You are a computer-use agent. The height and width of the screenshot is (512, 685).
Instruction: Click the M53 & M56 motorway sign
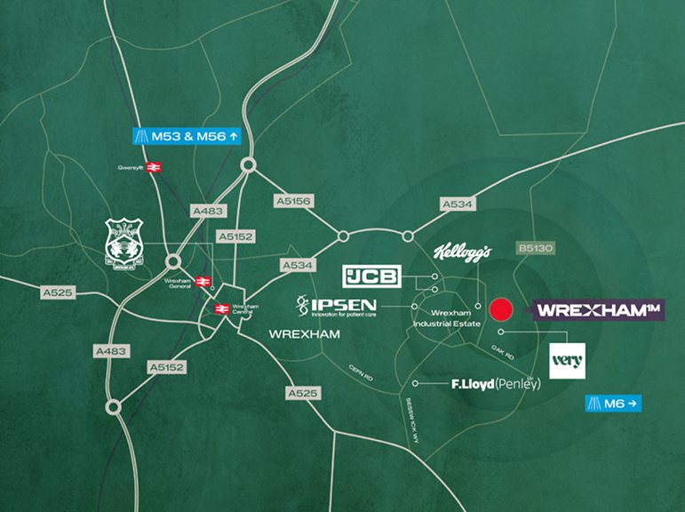coord(186,136)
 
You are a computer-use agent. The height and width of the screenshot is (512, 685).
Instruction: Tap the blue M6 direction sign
coord(613,404)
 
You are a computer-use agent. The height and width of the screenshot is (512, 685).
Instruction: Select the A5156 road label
coord(293,203)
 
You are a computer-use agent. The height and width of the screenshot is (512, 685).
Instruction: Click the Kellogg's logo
coord(462,253)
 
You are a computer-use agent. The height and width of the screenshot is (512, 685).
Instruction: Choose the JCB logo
coord(372,276)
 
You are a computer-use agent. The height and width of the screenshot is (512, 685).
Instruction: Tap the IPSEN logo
coord(337,308)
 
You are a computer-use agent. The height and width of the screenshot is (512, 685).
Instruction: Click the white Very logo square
coord(567,360)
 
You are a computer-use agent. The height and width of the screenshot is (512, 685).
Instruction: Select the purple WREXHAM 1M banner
coord(599,309)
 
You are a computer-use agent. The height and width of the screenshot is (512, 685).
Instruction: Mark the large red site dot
coord(503,309)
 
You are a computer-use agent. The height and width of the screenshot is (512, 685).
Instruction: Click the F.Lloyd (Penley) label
coord(496,384)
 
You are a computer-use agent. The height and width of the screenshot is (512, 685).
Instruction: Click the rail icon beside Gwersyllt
coord(153,167)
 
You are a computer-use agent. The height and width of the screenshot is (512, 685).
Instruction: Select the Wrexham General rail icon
coord(203,282)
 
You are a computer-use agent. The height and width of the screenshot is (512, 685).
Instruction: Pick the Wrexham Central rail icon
coord(221,309)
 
